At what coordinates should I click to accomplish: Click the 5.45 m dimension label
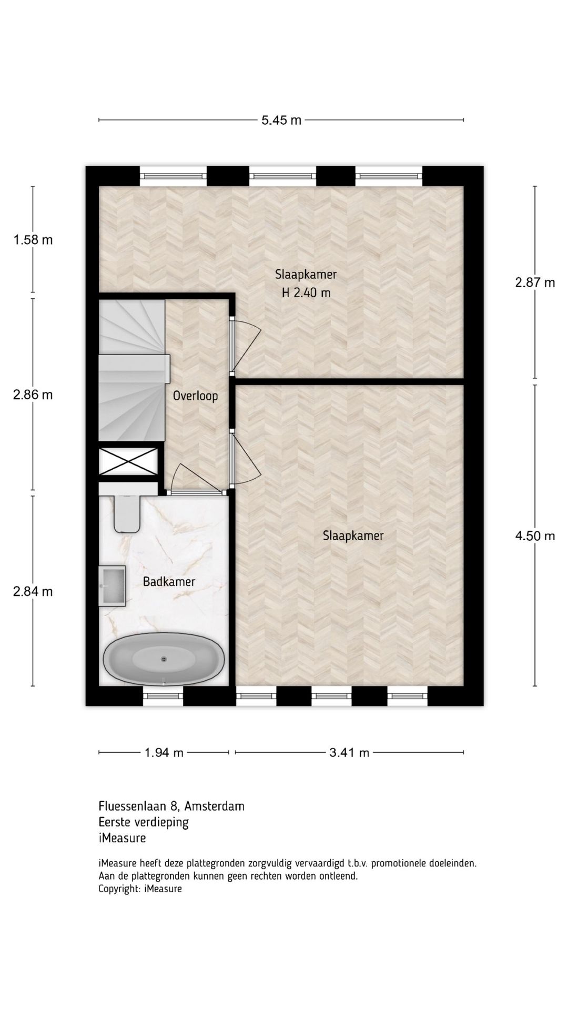click(x=281, y=120)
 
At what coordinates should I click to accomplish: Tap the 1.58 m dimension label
click(x=33, y=240)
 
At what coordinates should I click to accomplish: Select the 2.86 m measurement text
click(x=33, y=395)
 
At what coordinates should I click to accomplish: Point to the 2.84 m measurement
click(x=33, y=591)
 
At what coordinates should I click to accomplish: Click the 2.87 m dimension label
click(x=535, y=282)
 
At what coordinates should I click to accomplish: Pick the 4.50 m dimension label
click(x=535, y=536)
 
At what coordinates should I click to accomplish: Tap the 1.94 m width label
click(x=164, y=753)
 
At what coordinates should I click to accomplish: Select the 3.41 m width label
click(x=349, y=753)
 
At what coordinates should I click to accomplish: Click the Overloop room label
click(x=195, y=396)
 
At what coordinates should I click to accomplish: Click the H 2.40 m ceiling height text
click(x=306, y=293)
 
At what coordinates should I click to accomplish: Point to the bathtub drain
click(x=164, y=658)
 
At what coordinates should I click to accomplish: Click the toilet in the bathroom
click(x=127, y=513)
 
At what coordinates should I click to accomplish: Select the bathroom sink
click(x=113, y=585)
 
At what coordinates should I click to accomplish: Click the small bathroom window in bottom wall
click(x=163, y=696)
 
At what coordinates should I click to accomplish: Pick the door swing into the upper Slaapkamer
click(x=246, y=345)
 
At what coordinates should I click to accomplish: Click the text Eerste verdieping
click(x=143, y=822)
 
